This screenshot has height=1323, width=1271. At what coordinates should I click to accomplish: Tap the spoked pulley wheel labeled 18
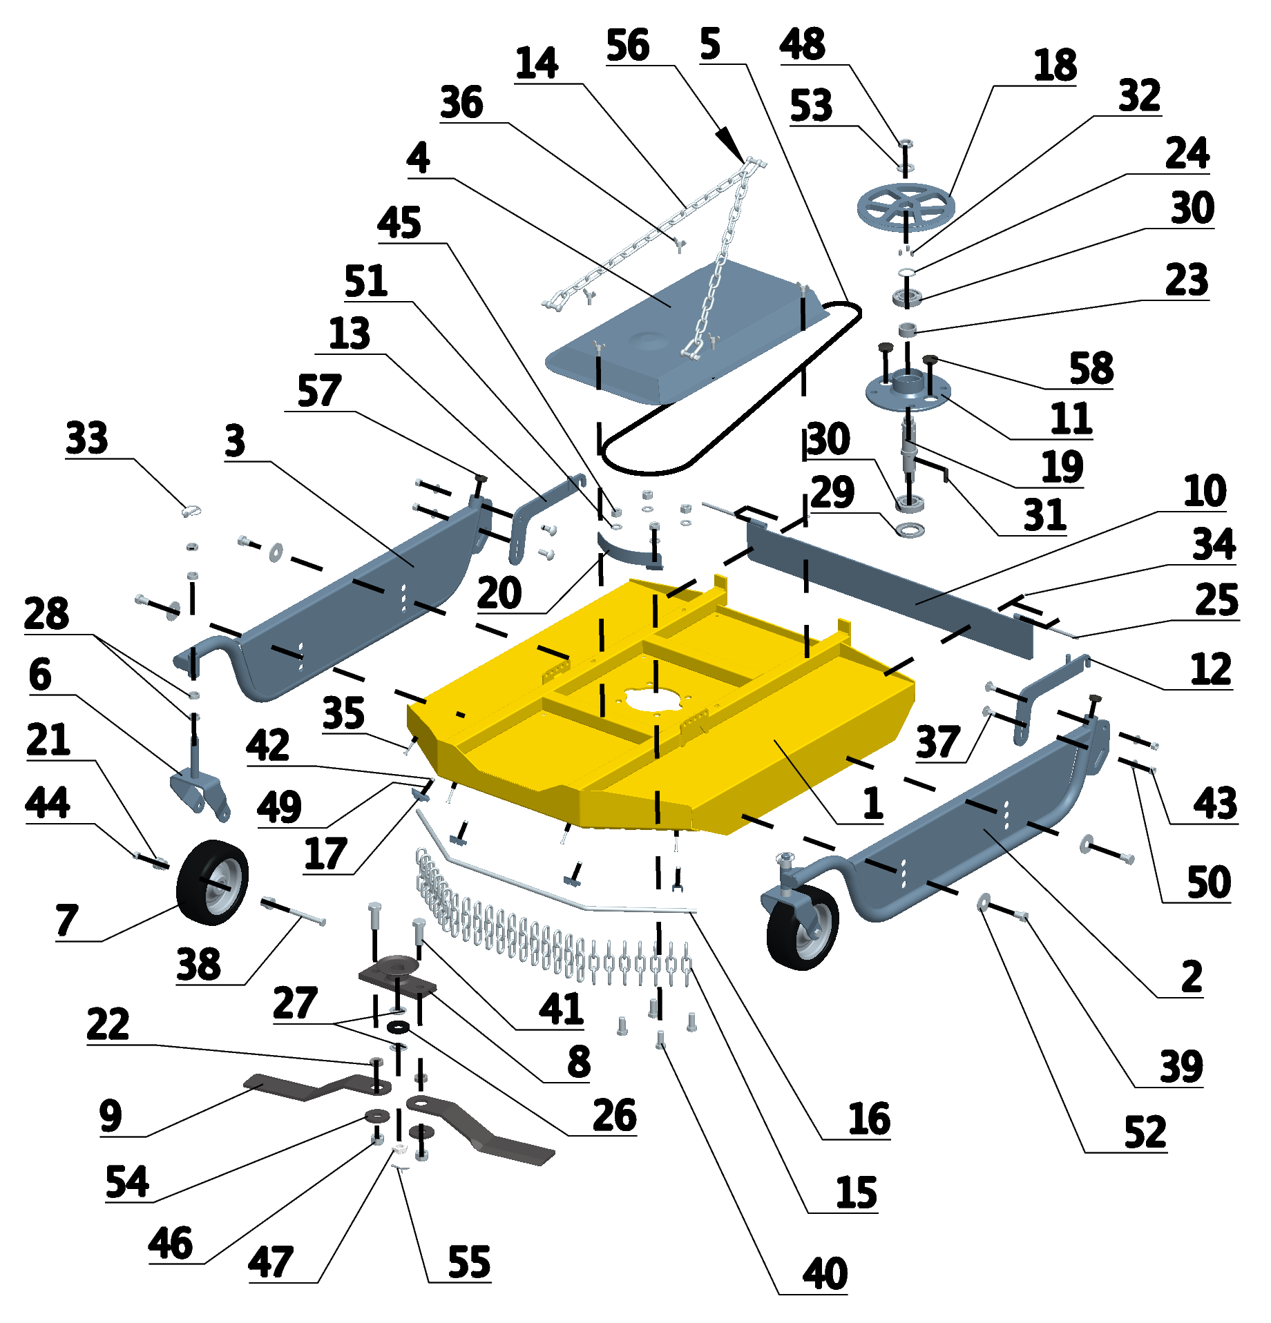pyautogui.click(x=906, y=206)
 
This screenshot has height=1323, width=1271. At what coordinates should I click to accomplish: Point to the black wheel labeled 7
pyautogui.click(x=212, y=882)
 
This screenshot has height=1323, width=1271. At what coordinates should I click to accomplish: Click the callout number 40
pyautogui.click(x=825, y=1274)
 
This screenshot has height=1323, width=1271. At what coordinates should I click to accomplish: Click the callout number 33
pyautogui.click(x=87, y=438)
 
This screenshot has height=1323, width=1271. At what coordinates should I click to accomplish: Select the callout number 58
pyautogui.click(x=1091, y=368)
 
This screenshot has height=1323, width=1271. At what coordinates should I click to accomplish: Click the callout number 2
pyautogui.click(x=1192, y=977)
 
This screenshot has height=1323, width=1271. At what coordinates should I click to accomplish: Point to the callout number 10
pyautogui.click(x=1205, y=492)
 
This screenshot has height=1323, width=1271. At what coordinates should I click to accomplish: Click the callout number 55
pyautogui.click(x=469, y=1262)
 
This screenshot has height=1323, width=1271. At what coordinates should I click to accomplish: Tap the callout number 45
pyautogui.click(x=399, y=223)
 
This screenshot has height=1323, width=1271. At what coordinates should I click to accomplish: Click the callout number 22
pyautogui.click(x=108, y=1024)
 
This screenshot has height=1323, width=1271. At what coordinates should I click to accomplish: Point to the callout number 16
pyautogui.click(x=869, y=1119)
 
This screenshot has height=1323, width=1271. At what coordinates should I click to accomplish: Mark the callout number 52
pyautogui.click(x=1145, y=1132)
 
